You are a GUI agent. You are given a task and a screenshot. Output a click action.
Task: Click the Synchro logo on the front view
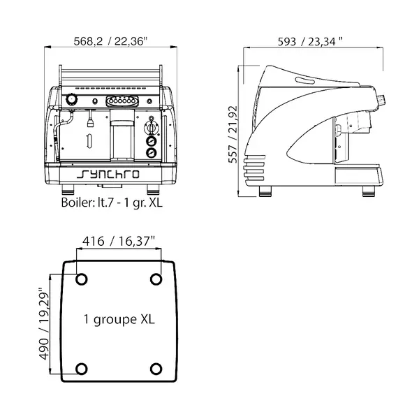click(110, 175)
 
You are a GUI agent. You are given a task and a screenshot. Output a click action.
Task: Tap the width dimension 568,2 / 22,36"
click(110, 41)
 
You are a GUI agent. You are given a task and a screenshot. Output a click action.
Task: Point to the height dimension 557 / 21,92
click(234, 133)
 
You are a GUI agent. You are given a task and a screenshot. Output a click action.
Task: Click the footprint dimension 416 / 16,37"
click(119, 242)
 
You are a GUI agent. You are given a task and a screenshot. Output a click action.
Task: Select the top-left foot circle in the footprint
click(81, 280)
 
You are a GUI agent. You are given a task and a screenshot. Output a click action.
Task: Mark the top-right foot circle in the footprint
click(156, 280)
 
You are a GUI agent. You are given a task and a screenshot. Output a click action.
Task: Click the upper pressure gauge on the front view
click(150, 140)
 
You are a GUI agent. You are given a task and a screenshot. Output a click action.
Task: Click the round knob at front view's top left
click(72, 101)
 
